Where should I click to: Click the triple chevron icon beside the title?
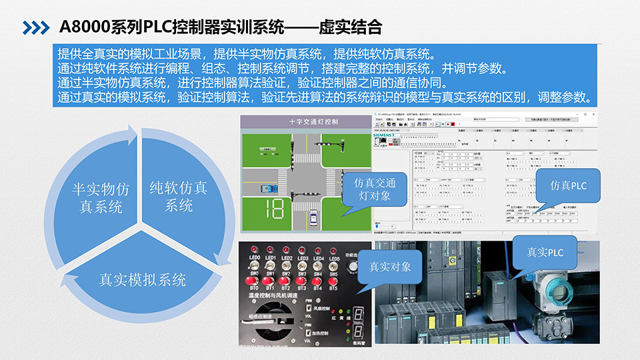click(x=35, y=27)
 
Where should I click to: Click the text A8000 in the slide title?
click(x=84, y=27)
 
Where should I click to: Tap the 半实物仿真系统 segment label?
click(x=101, y=197)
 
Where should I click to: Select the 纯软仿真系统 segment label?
click(x=178, y=196)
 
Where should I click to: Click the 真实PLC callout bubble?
click(x=545, y=253)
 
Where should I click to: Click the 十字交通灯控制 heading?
click(x=305, y=122)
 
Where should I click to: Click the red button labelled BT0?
click(x=253, y=281)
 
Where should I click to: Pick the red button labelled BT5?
click(x=333, y=281)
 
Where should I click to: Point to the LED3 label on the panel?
click(x=302, y=259)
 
